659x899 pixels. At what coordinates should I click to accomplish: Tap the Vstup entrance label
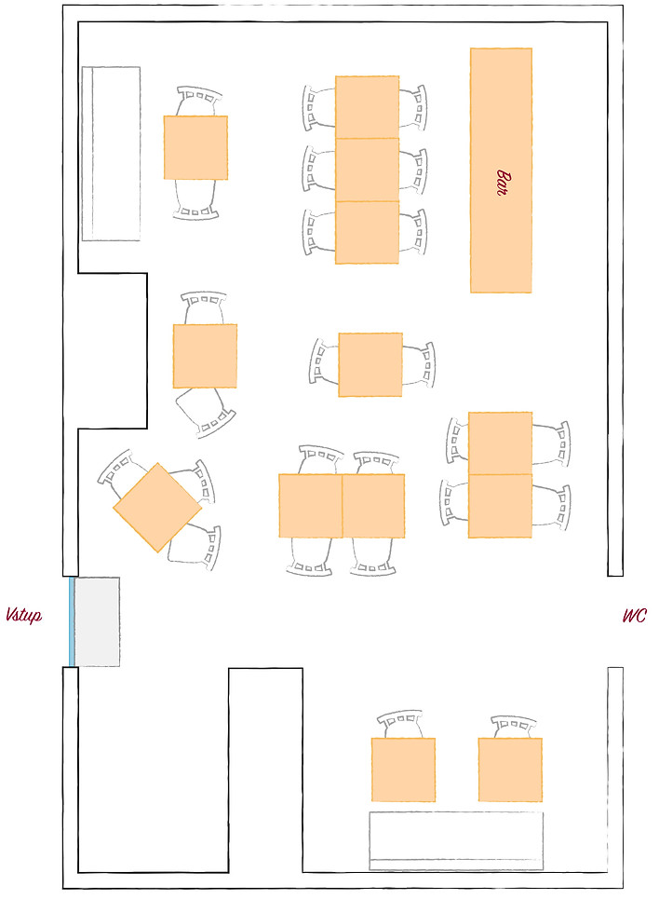pyautogui.click(x=23, y=616)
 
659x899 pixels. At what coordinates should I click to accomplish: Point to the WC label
pyautogui.click(x=634, y=616)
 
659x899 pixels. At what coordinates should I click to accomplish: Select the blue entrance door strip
pyautogui.click(x=72, y=621)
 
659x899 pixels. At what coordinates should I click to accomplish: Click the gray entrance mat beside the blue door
pyautogui.click(x=97, y=621)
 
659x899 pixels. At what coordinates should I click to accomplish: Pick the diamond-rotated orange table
pyautogui.click(x=157, y=508)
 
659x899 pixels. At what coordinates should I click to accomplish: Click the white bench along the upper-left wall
pyautogui.click(x=111, y=154)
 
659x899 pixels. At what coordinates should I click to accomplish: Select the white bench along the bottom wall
pyautogui.click(x=456, y=840)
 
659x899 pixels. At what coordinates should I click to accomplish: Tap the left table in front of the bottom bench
pyautogui.click(x=403, y=770)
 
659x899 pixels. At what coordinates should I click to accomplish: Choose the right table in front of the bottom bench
pyautogui.click(x=510, y=770)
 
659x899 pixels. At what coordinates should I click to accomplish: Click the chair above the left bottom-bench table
pyautogui.click(x=401, y=725)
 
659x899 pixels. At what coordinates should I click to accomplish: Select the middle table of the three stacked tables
pyautogui.click(x=367, y=170)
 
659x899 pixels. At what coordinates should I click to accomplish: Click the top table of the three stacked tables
pyautogui.click(x=367, y=106)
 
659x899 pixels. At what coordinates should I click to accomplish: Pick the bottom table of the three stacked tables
pyautogui.click(x=367, y=233)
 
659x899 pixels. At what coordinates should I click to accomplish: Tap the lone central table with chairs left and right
pyautogui.click(x=370, y=364)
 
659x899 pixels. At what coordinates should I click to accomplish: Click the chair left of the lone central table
pyautogui.click(x=323, y=361)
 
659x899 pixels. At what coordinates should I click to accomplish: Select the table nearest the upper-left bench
pyautogui.click(x=195, y=147)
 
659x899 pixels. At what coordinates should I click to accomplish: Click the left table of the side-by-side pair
pyautogui.click(x=310, y=506)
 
